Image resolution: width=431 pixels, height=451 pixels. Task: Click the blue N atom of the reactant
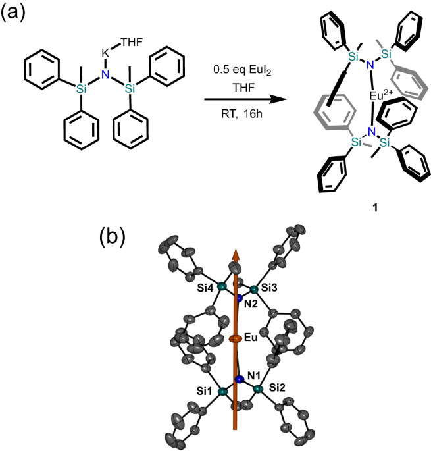click(x=103, y=77)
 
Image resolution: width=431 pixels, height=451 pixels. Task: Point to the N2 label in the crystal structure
click(x=249, y=305)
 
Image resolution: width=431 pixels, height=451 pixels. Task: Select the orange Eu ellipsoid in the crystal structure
click(x=235, y=340)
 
